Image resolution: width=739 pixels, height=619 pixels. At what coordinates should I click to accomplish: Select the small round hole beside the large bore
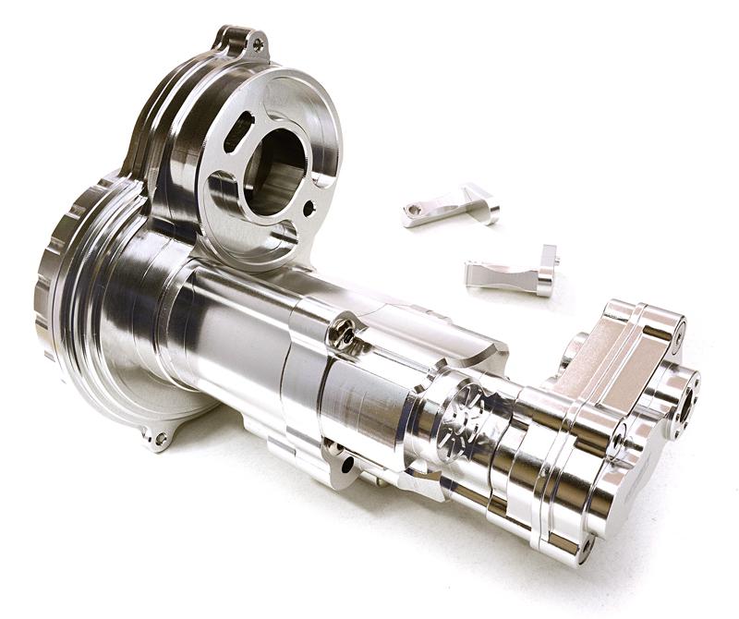click(x=309, y=209)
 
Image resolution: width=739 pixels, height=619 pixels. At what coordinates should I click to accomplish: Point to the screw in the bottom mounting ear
click(x=161, y=438)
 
